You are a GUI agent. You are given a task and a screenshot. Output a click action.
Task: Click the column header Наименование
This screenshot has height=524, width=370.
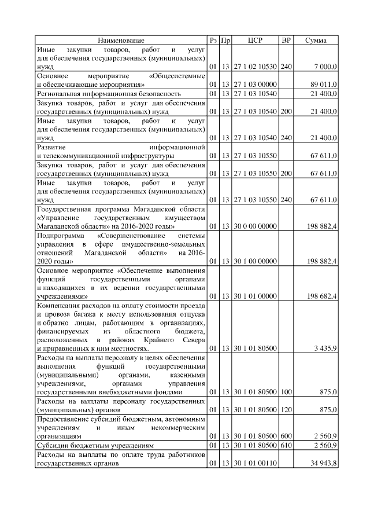(121, 41)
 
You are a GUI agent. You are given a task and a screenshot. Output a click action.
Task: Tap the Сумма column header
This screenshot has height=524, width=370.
(316, 41)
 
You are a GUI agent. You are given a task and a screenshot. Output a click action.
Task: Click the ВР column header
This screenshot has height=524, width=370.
(286, 41)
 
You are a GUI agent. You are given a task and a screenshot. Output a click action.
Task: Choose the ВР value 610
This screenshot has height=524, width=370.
(286, 446)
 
